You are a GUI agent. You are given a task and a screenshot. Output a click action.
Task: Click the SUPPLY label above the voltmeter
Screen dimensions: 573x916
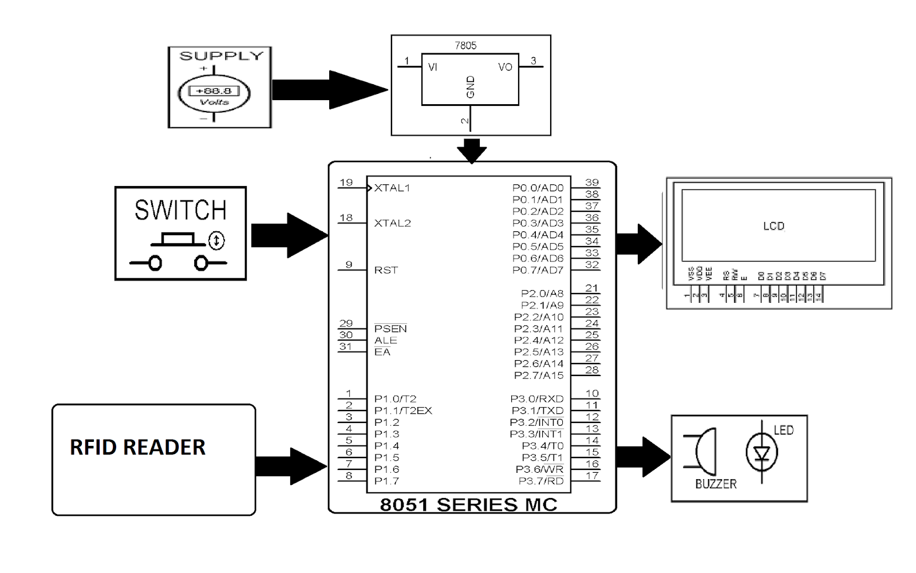(221, 56)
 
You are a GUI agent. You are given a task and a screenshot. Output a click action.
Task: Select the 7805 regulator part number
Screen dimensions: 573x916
(465, 46)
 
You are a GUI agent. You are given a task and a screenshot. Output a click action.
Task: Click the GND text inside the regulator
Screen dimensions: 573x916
(471, 87)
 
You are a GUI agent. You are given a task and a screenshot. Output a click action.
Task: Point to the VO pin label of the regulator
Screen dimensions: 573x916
(505, 68)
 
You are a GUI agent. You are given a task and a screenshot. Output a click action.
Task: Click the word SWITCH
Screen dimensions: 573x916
(180, 210)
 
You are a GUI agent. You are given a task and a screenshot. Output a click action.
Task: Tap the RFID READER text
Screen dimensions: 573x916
(137, 447)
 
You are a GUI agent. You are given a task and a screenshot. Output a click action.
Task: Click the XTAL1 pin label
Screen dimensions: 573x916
(392, 188)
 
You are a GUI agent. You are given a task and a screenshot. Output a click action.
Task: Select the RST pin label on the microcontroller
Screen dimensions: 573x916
(386, 270)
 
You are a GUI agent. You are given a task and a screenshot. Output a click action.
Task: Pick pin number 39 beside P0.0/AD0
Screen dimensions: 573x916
(591, 183)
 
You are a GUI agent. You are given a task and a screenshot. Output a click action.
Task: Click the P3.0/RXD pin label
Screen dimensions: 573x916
(537, 399)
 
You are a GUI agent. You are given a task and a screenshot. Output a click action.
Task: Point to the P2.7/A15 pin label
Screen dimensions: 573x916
(539, 376)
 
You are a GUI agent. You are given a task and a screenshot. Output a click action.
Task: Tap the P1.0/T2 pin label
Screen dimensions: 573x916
(395, 399)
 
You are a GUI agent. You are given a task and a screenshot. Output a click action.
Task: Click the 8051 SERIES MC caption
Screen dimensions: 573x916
(468, 505)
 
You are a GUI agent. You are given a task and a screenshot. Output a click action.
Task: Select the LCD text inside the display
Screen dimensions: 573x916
(773, 226)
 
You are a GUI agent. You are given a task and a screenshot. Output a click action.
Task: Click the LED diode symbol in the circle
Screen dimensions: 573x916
(761, 453)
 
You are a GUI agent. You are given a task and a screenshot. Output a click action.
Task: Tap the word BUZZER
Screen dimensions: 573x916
(716, 484)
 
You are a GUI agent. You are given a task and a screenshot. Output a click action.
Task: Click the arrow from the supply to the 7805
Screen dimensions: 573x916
(329, 90)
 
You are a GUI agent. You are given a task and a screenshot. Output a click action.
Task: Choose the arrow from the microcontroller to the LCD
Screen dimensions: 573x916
(639, 244)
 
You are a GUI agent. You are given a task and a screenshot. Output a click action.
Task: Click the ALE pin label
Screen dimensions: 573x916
(385, 341)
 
